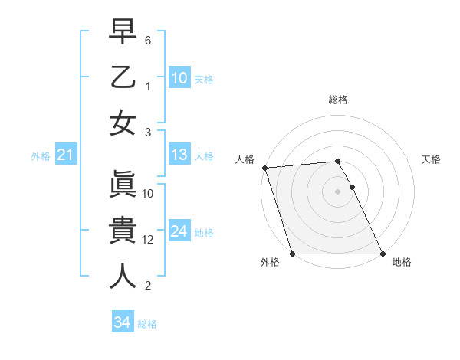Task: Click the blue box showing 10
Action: click(x=179, y=77)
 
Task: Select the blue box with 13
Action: click(x=179, y=155)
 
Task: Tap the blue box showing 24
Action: click(x=179, y=231)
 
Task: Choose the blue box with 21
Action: click(x=65, y=155)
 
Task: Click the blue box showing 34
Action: click(x=122, y=322)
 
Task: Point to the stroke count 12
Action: click(x=149, y=240)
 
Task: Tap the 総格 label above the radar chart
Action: click(x=338, y=100)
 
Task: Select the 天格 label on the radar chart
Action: click(x=432, y=159)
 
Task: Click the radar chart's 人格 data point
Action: click(x=264, y=168)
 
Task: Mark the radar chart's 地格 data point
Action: click(x=382, y=254)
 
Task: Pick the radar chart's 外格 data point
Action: click(x=293, y=254)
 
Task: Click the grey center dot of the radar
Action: click(x=337, y=191)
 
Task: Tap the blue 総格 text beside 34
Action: click(x=147, y=323)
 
